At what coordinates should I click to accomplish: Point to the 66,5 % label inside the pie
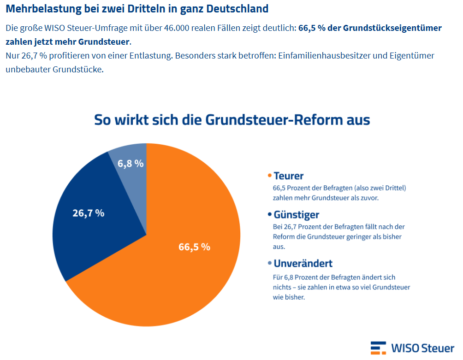(x=194, y=247)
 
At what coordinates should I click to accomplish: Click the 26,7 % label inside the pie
(x=88, y=213)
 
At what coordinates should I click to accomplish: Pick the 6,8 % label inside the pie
(x=131, y=163)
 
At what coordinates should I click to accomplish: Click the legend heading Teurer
(x=289, y=176)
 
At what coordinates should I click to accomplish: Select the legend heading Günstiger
(x=296, y=215)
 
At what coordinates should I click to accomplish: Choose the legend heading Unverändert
(x=303, y=264)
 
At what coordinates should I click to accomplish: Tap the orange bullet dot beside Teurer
(x=270, y=176)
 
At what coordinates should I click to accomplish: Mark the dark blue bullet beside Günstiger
(x=270, y=215)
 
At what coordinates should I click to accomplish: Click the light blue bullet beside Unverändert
(x=270, y=264)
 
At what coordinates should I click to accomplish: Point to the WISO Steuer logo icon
(x=378, y=348)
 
